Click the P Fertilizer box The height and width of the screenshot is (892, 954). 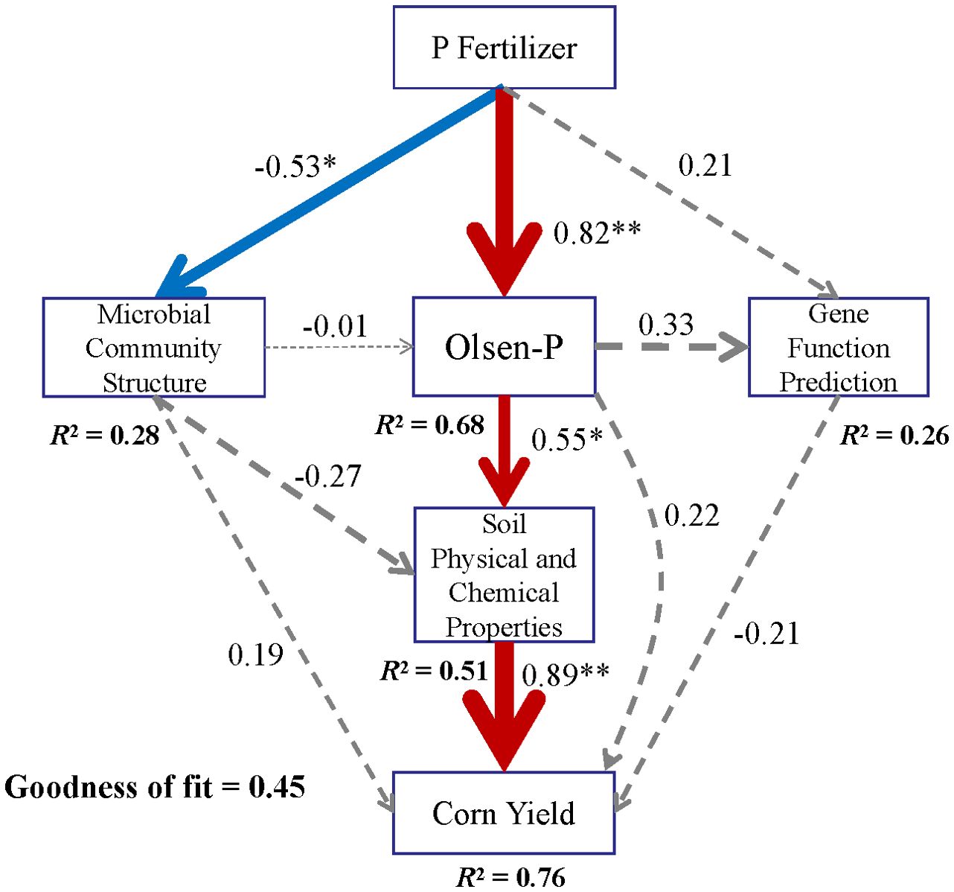point(504,48)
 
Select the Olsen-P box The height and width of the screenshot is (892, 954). point(504,347)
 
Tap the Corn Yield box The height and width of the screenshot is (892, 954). point(504,813)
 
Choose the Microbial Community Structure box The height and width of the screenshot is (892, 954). point(153,348)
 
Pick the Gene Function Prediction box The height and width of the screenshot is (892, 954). point(838,348)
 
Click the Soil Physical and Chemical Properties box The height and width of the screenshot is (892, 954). point(504,575)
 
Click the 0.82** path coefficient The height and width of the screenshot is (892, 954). point(597,232)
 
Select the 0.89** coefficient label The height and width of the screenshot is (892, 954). point(566,675)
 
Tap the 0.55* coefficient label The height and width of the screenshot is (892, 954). point(567,440)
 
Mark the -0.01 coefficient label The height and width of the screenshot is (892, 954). point(335,326)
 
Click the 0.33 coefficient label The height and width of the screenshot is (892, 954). point(666,325)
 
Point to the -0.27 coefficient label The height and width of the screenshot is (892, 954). point(328,476)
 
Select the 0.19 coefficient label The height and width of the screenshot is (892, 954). point(255,654)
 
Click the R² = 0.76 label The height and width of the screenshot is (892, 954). point(510,877)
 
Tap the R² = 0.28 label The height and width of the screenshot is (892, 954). point(105,436)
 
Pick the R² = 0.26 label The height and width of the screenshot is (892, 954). point(894,436)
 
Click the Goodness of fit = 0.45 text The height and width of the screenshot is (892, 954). point(155,787)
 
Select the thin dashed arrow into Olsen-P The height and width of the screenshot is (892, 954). point(339,347)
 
